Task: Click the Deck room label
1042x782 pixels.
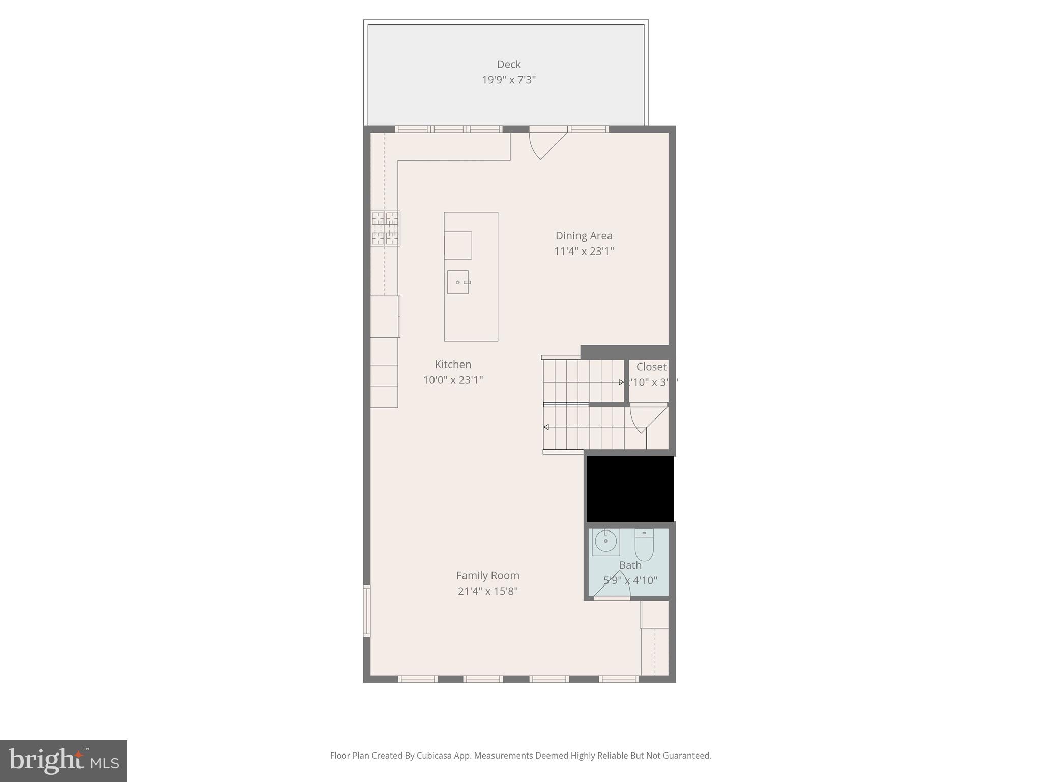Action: (509, 64)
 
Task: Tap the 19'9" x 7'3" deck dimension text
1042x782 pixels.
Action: (509, 80)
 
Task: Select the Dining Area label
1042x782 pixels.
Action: (584, 236)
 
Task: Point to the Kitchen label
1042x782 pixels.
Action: (453, 365)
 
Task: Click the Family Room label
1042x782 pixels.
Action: (487, 575)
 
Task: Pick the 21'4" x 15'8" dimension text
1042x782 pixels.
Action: (487, 591)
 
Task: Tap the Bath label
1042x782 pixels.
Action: (630, 565)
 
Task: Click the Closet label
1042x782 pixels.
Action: (651, 367)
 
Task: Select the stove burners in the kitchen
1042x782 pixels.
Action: (385, 229)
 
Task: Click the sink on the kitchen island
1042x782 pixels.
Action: (458, 282)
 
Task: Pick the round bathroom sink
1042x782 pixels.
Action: (605, 542)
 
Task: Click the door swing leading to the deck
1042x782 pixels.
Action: (544, 144)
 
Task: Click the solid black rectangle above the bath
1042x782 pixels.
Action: (630, 488)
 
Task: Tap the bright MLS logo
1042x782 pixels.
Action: (64, 761)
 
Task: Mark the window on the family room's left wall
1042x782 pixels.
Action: (366, 611)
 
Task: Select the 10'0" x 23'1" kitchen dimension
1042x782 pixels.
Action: (453, 380)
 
